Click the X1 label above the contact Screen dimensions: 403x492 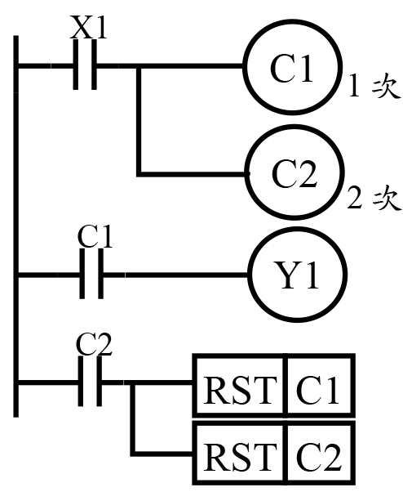[88, 27]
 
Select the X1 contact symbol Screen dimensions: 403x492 [85, 65]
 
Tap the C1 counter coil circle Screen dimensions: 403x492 [292, 66]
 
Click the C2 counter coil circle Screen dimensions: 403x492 [294, 172]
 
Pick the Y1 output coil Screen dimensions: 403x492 [298, 275]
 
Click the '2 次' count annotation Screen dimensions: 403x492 [374, 197]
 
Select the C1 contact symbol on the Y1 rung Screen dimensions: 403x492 [91, 275]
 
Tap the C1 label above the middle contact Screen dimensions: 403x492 [95, 236]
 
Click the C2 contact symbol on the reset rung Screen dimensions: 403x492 [90, 382]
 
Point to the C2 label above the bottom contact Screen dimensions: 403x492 [94, 344]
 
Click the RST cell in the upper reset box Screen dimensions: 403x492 [240, 385]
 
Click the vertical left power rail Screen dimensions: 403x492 [16, 226]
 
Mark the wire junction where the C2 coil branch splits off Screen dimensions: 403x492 [139, 65]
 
